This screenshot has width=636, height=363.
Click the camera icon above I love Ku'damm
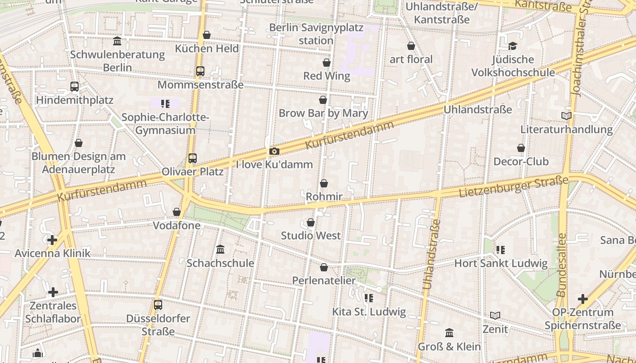coord(274,151)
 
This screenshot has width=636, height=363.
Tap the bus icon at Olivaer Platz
coord(193,158)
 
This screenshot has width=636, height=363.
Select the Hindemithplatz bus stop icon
coord(75,86)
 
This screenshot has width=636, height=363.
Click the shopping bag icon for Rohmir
coord(324,183)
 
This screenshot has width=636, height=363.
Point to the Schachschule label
coord(220,263)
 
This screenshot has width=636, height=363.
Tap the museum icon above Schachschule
coord(220,249)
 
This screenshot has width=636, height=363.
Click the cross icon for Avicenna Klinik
coord(52,240)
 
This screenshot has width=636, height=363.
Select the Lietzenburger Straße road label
coord(513,187)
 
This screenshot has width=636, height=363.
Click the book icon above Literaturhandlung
coord(566,116)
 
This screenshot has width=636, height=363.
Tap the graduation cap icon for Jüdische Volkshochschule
coord(513,46)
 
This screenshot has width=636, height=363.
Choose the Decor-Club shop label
coord(521,162)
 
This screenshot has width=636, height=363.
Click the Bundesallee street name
coord(561,265)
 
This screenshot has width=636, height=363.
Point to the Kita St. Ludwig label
coord(369,312)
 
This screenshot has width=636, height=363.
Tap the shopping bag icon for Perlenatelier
coord(324,267)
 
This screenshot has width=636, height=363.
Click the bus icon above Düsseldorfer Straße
coord(158,305)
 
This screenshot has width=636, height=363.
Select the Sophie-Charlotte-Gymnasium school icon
coord(165,104)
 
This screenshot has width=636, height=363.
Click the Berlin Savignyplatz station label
coord(316,34)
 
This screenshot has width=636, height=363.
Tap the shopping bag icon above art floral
coord(411,46)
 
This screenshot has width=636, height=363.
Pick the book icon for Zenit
coord(495,315)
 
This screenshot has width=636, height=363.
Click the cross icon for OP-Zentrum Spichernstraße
coord(582,299)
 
